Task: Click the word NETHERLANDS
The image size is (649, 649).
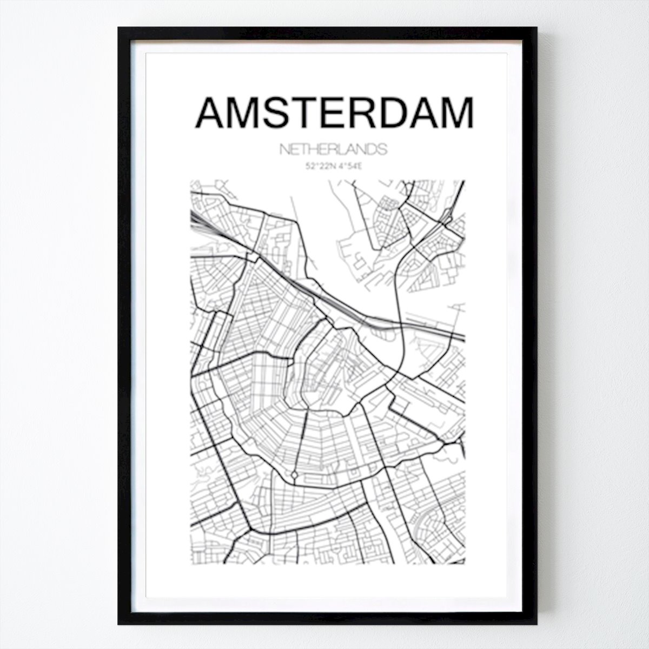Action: pos(333,150)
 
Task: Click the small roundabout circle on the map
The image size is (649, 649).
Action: pos(294,474)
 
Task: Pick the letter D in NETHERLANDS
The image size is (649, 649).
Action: pos(369,150)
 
